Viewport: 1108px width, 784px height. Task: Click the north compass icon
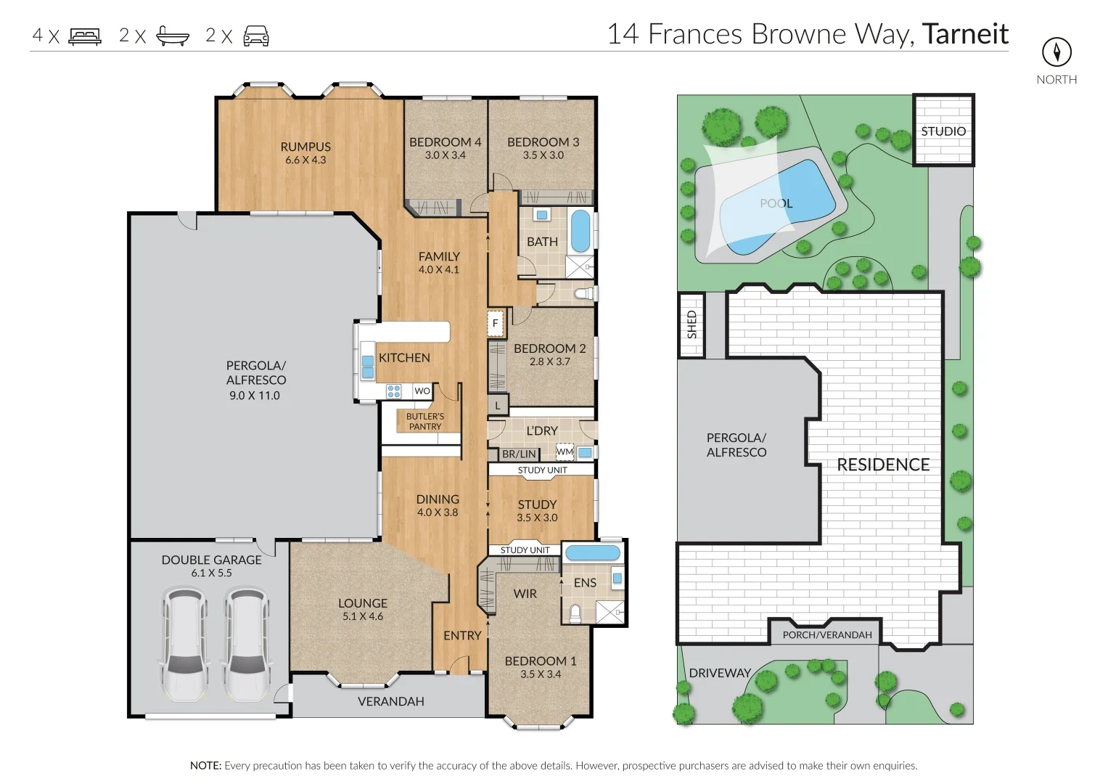1056,52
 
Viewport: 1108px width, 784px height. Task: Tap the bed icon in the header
85,36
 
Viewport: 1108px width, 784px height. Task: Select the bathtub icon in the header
173,36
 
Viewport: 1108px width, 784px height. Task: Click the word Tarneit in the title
965,33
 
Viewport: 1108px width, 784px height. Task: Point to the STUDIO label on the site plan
943,131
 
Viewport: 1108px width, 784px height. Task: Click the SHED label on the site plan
692,324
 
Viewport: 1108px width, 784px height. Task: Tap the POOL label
776,203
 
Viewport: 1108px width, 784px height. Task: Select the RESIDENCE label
883,465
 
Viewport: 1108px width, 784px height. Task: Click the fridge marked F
495,323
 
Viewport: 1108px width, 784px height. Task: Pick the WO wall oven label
422,391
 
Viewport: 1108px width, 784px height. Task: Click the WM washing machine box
565,451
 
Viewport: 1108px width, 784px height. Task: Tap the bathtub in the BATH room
580,231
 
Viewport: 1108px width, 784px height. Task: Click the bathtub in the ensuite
593,552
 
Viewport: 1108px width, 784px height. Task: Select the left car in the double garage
184,643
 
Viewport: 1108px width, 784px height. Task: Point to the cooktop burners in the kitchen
394,391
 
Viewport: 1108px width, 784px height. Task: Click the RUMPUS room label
305,147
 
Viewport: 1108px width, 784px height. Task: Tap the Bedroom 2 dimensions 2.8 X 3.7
549,362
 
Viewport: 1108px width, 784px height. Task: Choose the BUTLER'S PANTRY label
425,421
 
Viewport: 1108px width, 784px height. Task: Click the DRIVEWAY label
720,673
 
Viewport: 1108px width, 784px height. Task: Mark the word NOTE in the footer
206,765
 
